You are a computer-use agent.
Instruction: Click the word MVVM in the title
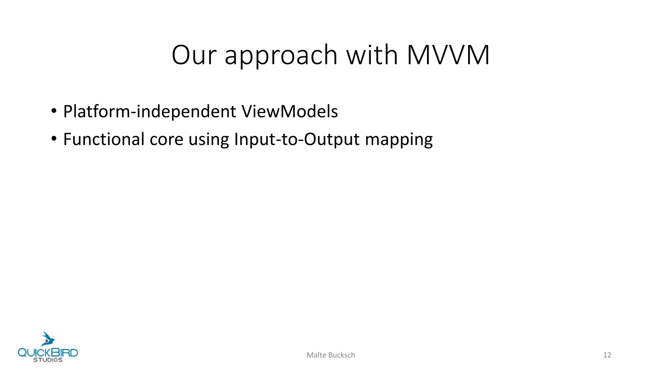448,55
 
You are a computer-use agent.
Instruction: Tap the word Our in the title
194,55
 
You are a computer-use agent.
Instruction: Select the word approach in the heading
281,57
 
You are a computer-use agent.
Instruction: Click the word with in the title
372,55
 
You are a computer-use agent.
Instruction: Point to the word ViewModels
290,111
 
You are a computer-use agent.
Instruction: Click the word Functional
104,139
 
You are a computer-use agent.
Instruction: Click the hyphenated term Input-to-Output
297,140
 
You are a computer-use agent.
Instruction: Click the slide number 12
607,355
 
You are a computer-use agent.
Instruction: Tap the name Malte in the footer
316,355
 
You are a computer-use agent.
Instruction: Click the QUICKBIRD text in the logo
48,352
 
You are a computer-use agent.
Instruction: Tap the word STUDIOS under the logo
48,360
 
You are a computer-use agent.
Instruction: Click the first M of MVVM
417,55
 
